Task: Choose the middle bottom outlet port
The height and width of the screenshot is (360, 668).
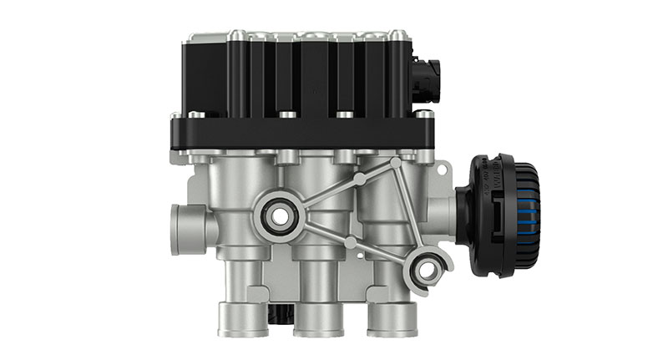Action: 315,318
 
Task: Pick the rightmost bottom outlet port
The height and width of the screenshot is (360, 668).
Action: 392,318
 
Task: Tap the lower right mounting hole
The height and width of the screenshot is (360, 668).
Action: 428,269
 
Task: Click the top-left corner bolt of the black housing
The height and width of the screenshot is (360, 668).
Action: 195,35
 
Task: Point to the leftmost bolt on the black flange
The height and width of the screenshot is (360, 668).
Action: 175,116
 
